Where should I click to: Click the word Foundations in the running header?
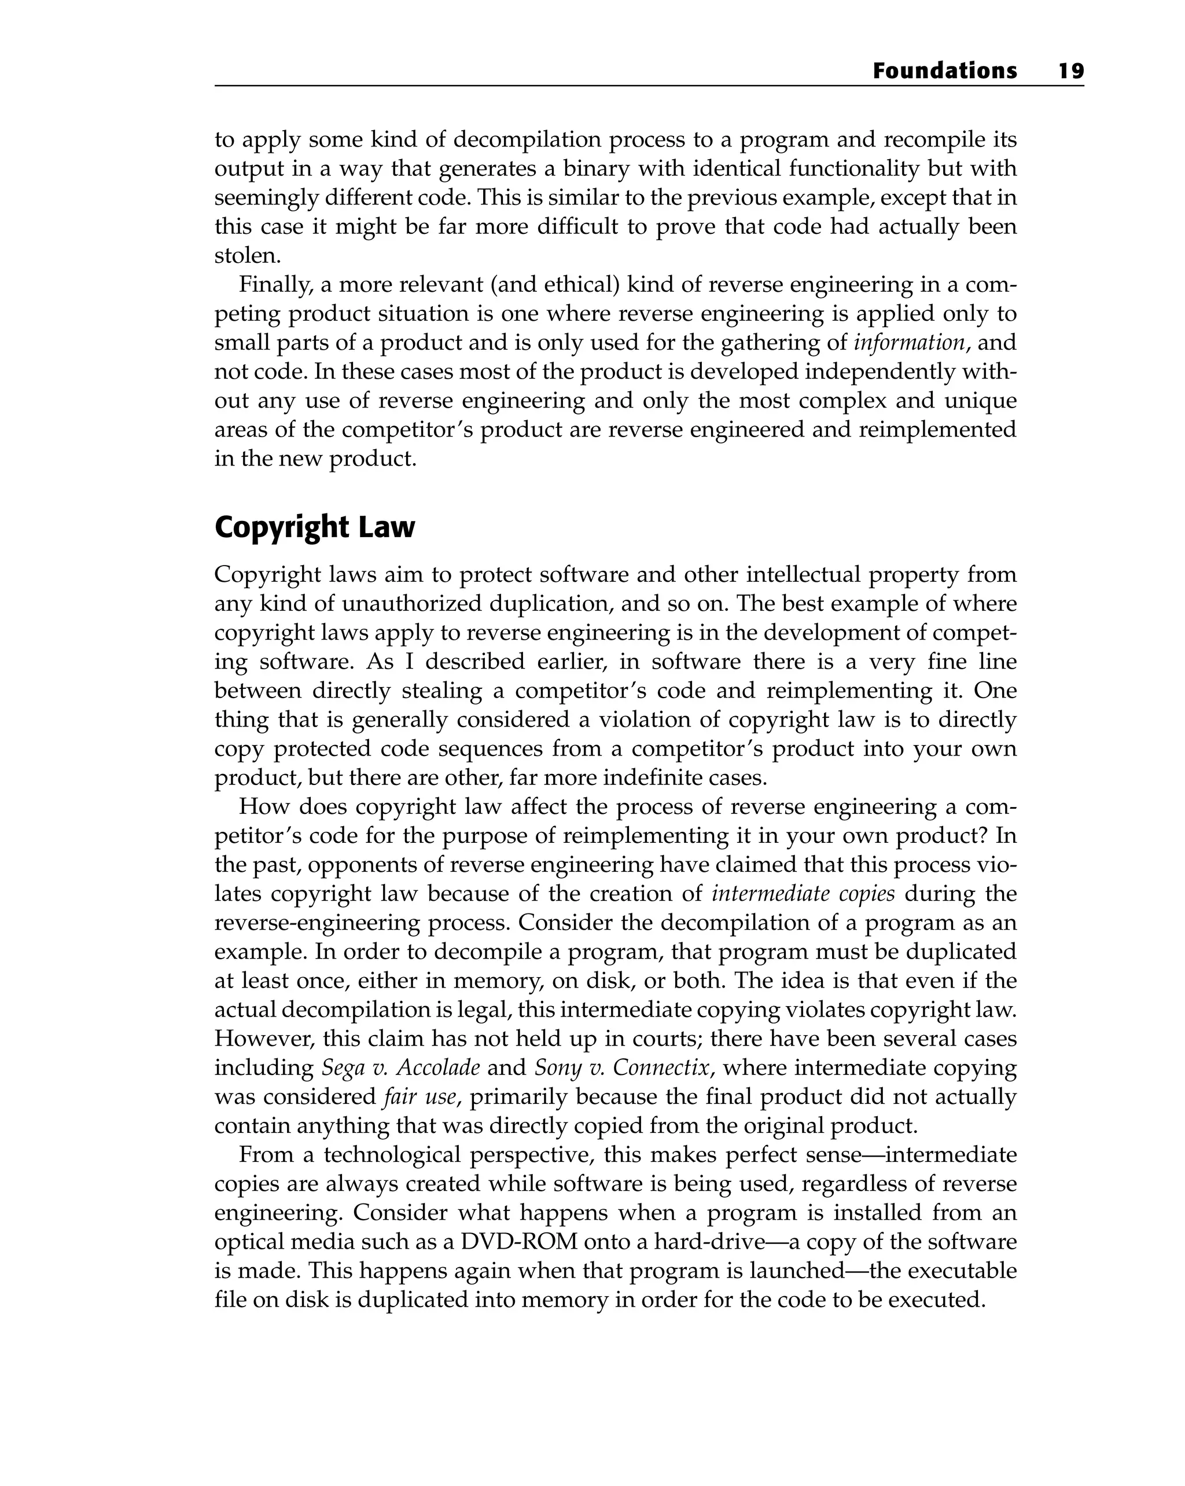click(x=944, y=71)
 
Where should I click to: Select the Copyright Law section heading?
click(x=315, y=527)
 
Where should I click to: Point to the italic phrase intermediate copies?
click(x=803, y=894)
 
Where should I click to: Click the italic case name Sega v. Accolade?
click(x=401, y=1067)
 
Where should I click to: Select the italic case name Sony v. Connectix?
click(x=622, y=1067)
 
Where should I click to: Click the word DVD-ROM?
click(x=513, y=1241)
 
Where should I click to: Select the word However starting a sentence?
click(x=262, y=1039)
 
